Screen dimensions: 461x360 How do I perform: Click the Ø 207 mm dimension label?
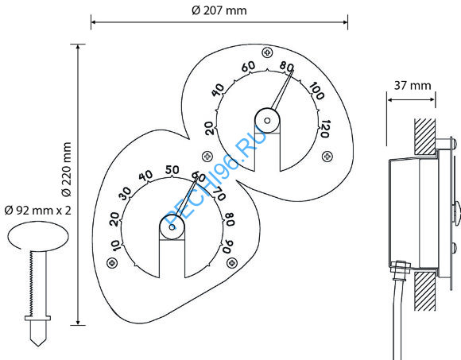pyautogui.click(x=219, y=10)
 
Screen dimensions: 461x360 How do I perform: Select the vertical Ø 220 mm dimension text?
pyautogui.click(x=67, y=169)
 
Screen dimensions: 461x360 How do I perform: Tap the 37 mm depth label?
pyautogui.click(x=413, y=86)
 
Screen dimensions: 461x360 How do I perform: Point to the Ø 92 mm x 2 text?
pyautogui.click(x=38, y=211)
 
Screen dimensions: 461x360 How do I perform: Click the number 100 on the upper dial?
pyautogui.click(x=317, y=91)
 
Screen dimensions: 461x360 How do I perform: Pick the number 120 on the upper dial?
pyautogui.click(x=324, y=129)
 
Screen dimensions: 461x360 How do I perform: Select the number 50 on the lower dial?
pyautogui.click(x=172, y=169)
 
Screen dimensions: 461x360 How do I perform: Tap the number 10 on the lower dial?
pyautogui.click(x=116, y=246)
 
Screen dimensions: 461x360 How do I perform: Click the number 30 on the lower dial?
pyautogui.click(x=125, y=193)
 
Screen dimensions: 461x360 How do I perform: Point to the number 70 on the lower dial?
pyautogui.click(x=219, y=193)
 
